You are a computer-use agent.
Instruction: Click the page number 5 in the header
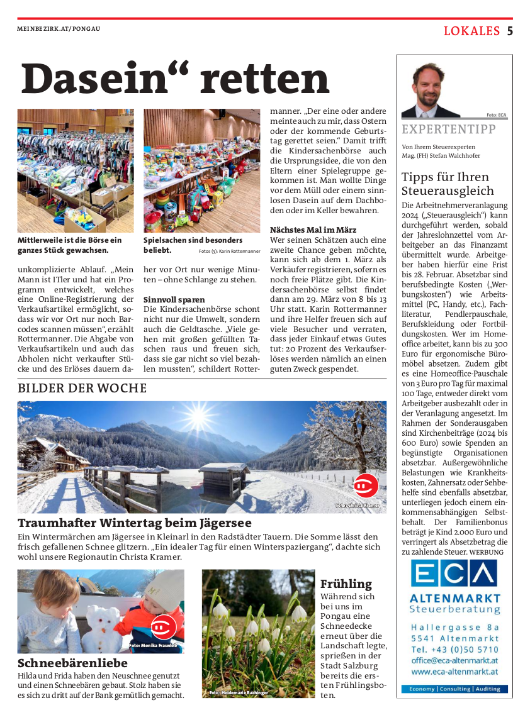(x=510, y=31)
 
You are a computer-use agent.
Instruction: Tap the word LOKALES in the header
(x=471, y=31)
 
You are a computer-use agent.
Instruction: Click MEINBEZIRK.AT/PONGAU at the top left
(x=59, y=29)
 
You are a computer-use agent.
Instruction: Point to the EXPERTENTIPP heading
(x=448, y=130)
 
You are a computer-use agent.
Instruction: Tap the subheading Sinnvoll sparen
(x=174, y=299)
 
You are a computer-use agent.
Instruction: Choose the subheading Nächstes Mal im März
(x=313, y=230)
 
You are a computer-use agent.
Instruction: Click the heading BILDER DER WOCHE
(x=82, y=388)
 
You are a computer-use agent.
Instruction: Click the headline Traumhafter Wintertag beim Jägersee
(x=135, y=523)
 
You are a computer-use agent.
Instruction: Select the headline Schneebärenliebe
(x=72, y=663)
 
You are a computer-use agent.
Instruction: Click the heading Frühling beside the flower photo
(x=346, y=584)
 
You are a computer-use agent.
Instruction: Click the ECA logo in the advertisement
(x=454, y=574)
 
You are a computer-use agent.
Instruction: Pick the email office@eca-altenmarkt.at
(x=454, y=660)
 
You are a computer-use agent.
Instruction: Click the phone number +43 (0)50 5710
(x=454, y=649)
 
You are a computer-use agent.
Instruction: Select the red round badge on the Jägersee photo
(x=366, y=485)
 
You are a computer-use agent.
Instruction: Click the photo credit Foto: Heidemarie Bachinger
(x=239, y=693)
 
